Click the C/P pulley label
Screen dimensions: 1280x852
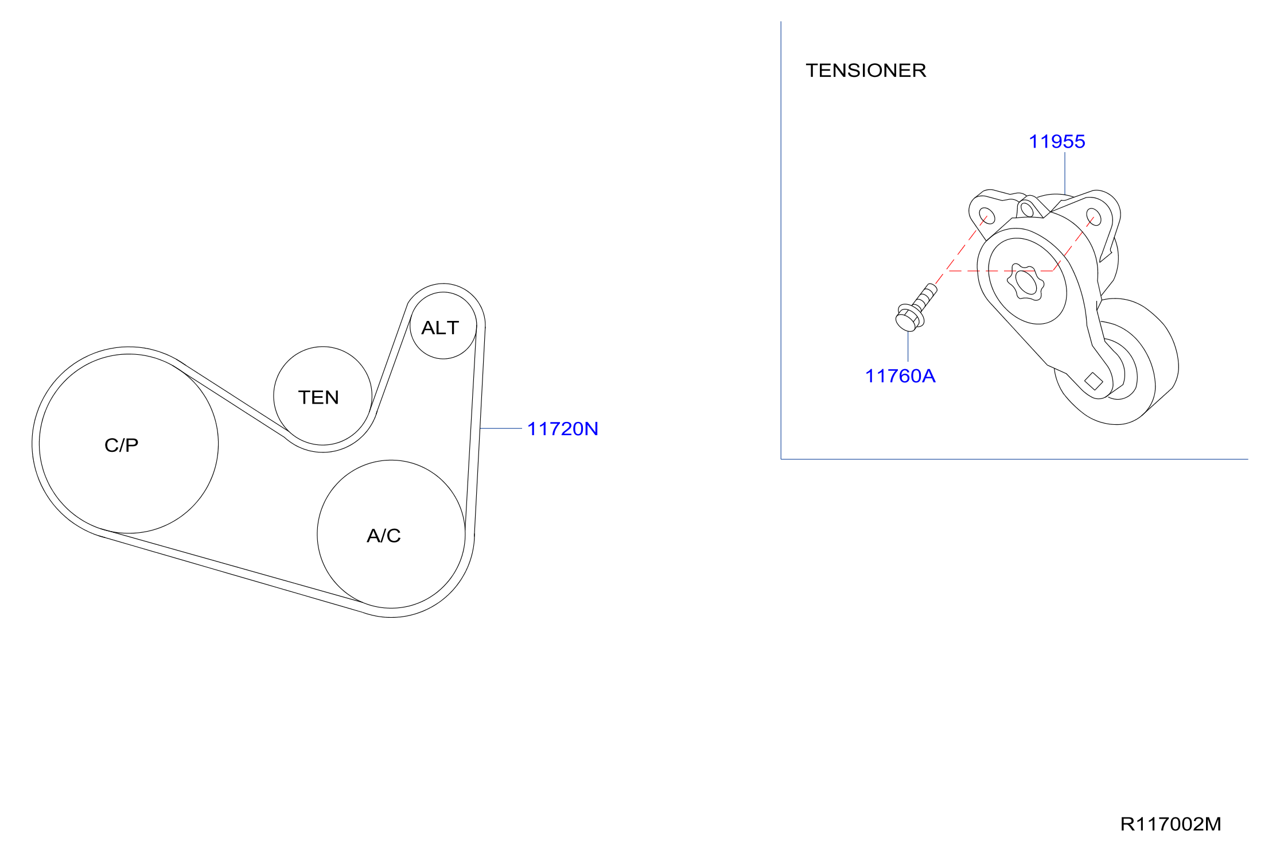coord(121,445)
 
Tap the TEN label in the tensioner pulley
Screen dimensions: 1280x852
coord(318,397)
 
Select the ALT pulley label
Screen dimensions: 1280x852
coord(440,328)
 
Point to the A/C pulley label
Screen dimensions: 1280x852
coord(383,536)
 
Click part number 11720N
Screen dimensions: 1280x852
coord(562,429)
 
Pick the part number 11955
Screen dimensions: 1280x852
coord(1057,141)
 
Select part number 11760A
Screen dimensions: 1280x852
coord(900,376)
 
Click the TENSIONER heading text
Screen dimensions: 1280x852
coord(866,71)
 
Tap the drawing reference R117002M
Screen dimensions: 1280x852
coord(1170,824)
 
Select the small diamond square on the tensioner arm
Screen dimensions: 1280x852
coord(1094,381)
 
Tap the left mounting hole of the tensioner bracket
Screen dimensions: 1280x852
coord(987,216)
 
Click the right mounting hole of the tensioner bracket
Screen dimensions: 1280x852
coord(1094,217)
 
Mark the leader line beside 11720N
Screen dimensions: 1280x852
coord(501,428)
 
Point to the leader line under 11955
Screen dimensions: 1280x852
coord(1065,173)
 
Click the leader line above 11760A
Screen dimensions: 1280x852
coord(908,346)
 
